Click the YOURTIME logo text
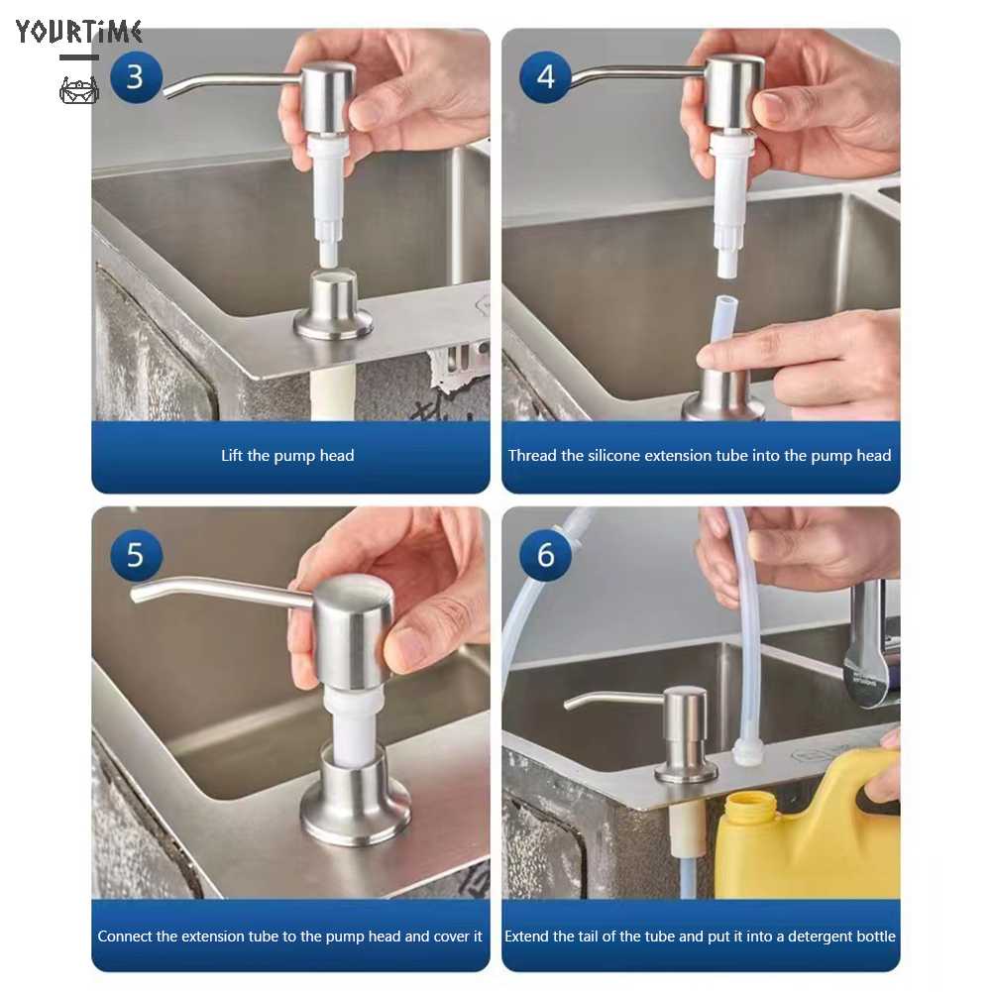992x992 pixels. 78,32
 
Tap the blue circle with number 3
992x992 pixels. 136,77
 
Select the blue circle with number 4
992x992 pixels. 545,77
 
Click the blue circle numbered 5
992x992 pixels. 136,555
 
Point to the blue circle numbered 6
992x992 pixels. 545,555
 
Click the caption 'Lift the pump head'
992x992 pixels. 287,456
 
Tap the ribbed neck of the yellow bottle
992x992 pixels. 750,809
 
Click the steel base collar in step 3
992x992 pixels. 333,307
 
